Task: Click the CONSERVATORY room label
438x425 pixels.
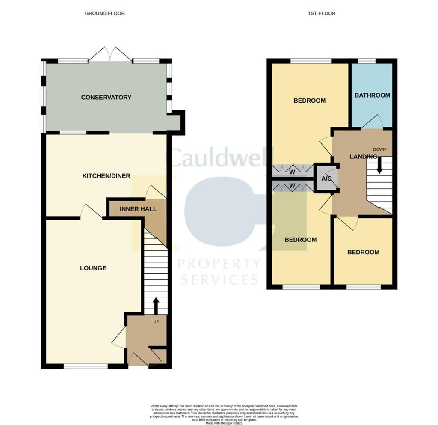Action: (106, 98)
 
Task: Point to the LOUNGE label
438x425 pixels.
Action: (93, 268)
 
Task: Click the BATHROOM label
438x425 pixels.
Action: (372, 95)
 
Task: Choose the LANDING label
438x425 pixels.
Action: (363, 157)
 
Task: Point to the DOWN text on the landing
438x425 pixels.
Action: (379, 149)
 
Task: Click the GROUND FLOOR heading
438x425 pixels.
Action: (105, 14)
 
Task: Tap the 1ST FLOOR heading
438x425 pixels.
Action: (322, 14)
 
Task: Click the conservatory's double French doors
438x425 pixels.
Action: (110, 54)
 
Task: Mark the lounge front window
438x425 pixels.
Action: (86, 366)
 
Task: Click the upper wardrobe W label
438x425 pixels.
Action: (292, 172)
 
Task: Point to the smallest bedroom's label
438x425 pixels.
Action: (363, 252)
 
